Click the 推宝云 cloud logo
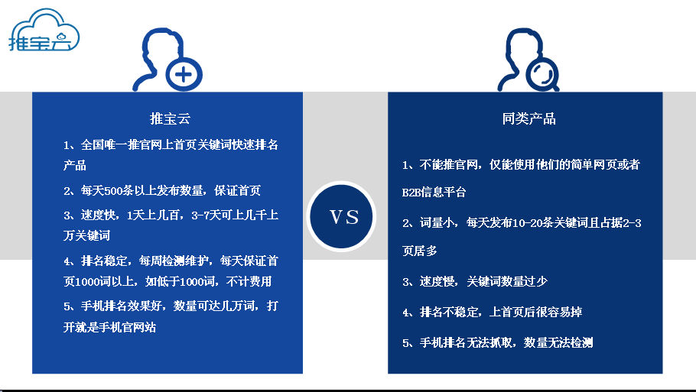(44, 30)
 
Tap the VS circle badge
(341, 216)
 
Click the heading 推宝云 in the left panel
(170, 119)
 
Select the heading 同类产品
(529, 119)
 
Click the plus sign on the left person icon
(184, 74)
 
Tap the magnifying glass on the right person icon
(542, 74)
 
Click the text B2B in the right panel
(411, 193)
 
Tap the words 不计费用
(249, 282)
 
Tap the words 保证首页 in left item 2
(237, 191)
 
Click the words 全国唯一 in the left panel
(104, 145)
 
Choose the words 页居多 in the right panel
(419, 251)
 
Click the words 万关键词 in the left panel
(86, 235)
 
